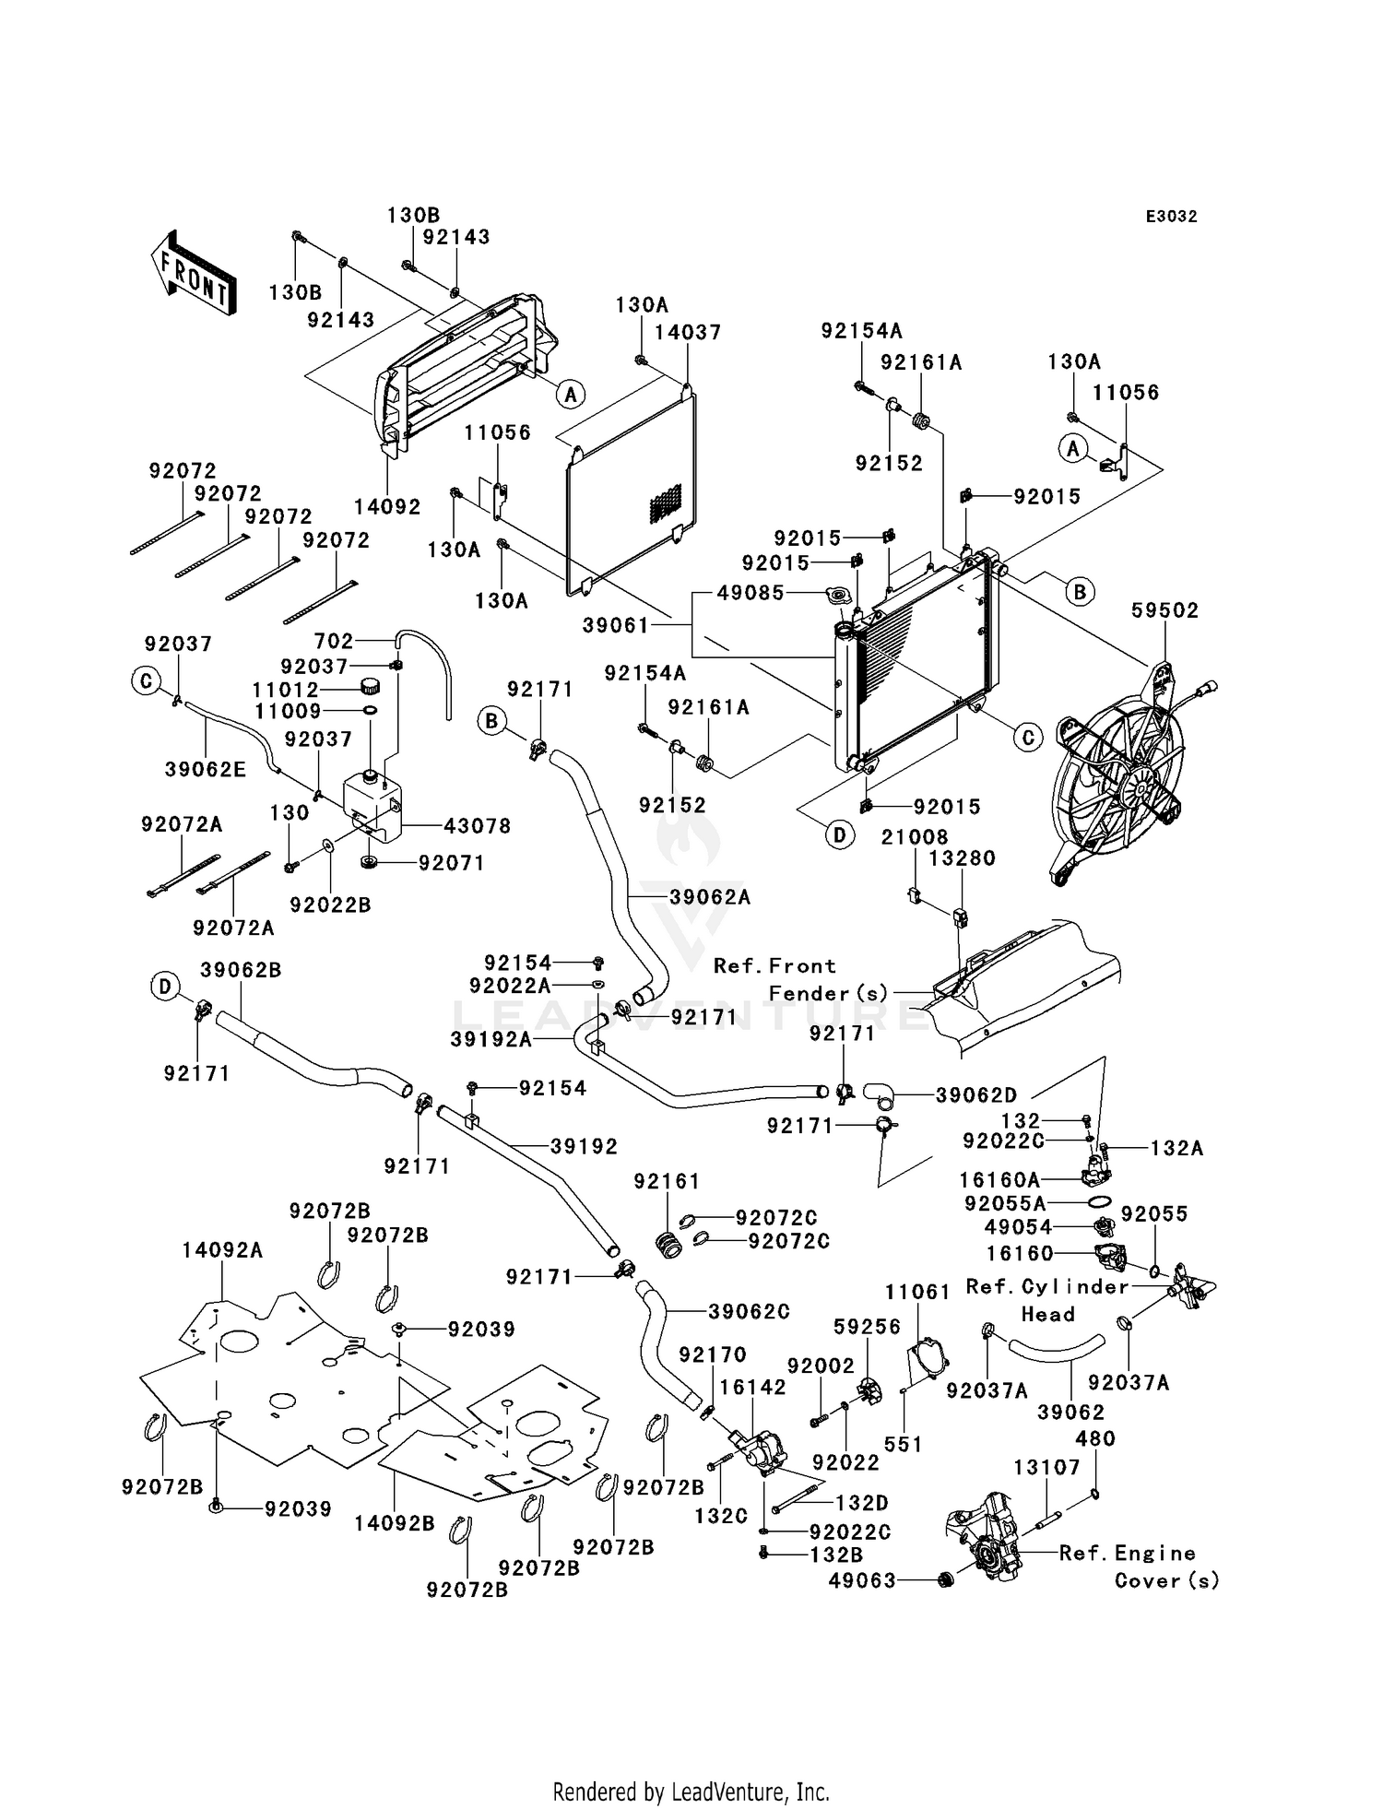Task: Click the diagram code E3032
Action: [1171, 217]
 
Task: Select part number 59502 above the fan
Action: [1165, 610]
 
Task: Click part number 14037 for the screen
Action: [688, 332]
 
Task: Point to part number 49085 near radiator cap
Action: [751, 593]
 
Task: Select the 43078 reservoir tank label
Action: [477, 825]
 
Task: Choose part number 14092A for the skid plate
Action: [222, 1250]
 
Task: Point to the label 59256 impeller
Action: [867, 1328]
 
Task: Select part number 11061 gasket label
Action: [917, 1292]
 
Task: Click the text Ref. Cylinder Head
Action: [1047, 1300]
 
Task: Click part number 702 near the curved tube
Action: [334, 641]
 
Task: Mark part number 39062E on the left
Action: [206, 769]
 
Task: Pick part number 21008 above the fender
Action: [915, 837]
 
